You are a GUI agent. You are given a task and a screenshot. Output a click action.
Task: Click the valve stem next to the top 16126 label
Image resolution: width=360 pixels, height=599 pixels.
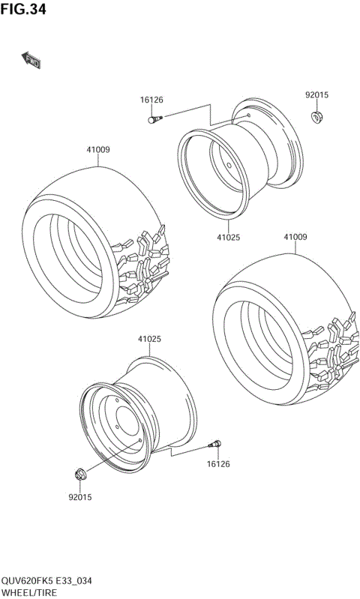[x=155, y=118]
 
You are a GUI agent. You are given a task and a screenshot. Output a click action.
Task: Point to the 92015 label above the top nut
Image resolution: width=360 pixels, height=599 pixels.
[x=316, y=95]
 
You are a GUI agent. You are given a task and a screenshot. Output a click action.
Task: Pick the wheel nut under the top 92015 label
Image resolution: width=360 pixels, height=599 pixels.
[x=316, y=115]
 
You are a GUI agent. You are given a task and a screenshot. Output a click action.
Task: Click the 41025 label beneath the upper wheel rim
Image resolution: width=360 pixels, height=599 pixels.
[x=229, y=237]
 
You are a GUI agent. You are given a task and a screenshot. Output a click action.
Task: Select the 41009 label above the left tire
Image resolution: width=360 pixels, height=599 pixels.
[x=98, y=150]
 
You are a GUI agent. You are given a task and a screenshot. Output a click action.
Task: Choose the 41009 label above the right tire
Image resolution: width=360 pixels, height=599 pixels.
[x=295, y=237]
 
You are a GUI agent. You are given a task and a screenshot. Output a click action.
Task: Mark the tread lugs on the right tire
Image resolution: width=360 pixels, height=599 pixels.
[x=330, y=356]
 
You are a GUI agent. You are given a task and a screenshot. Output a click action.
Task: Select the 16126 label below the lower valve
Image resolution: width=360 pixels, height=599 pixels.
[x=218, y=464]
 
